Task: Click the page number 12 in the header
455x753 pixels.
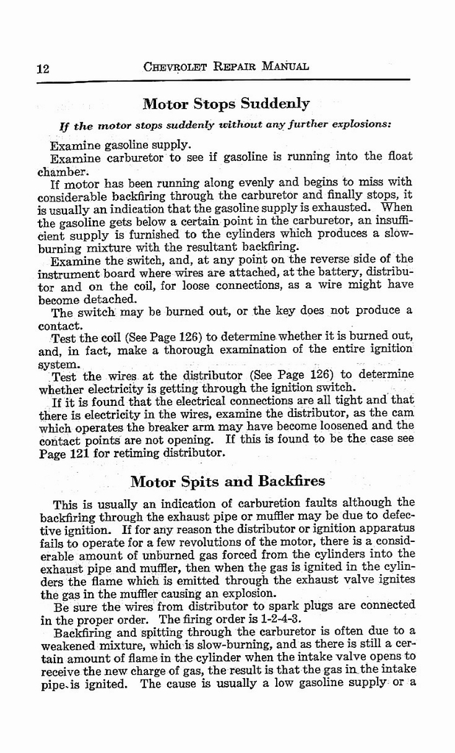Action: (x=42, y=68)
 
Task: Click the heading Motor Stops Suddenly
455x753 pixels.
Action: (x=225, y=103)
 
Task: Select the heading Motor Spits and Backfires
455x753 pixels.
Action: (x=227, y=482)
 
